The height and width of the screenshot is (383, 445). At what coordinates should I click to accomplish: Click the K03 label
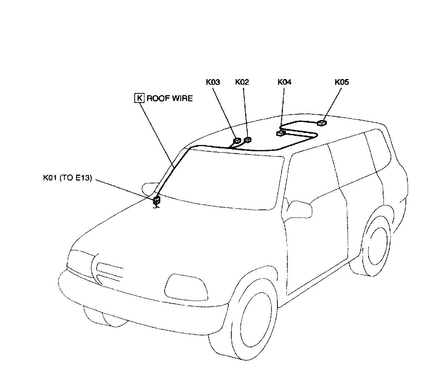coord(213,82)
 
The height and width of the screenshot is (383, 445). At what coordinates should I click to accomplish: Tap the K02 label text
coord(242,82)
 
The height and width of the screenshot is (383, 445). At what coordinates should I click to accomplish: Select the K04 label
coord(284,82)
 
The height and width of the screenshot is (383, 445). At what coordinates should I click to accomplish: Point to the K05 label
coord(342,82)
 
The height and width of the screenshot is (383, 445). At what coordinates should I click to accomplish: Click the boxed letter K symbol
coord(139,98)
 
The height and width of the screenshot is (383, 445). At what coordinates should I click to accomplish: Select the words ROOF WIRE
coord(169,98)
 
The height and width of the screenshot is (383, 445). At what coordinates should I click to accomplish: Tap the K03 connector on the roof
coord(237,140)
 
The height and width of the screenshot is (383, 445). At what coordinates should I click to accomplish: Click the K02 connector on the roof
coord(248,139)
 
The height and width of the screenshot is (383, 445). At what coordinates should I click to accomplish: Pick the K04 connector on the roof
coord(281,133)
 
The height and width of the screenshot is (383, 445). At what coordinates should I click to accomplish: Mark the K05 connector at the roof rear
coord(321,123)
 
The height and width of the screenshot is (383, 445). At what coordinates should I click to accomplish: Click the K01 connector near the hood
coord(157,200)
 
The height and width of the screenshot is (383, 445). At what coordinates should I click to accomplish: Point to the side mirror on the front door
coord(300,208)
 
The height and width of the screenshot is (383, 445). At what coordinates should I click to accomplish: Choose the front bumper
coord(139,300)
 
